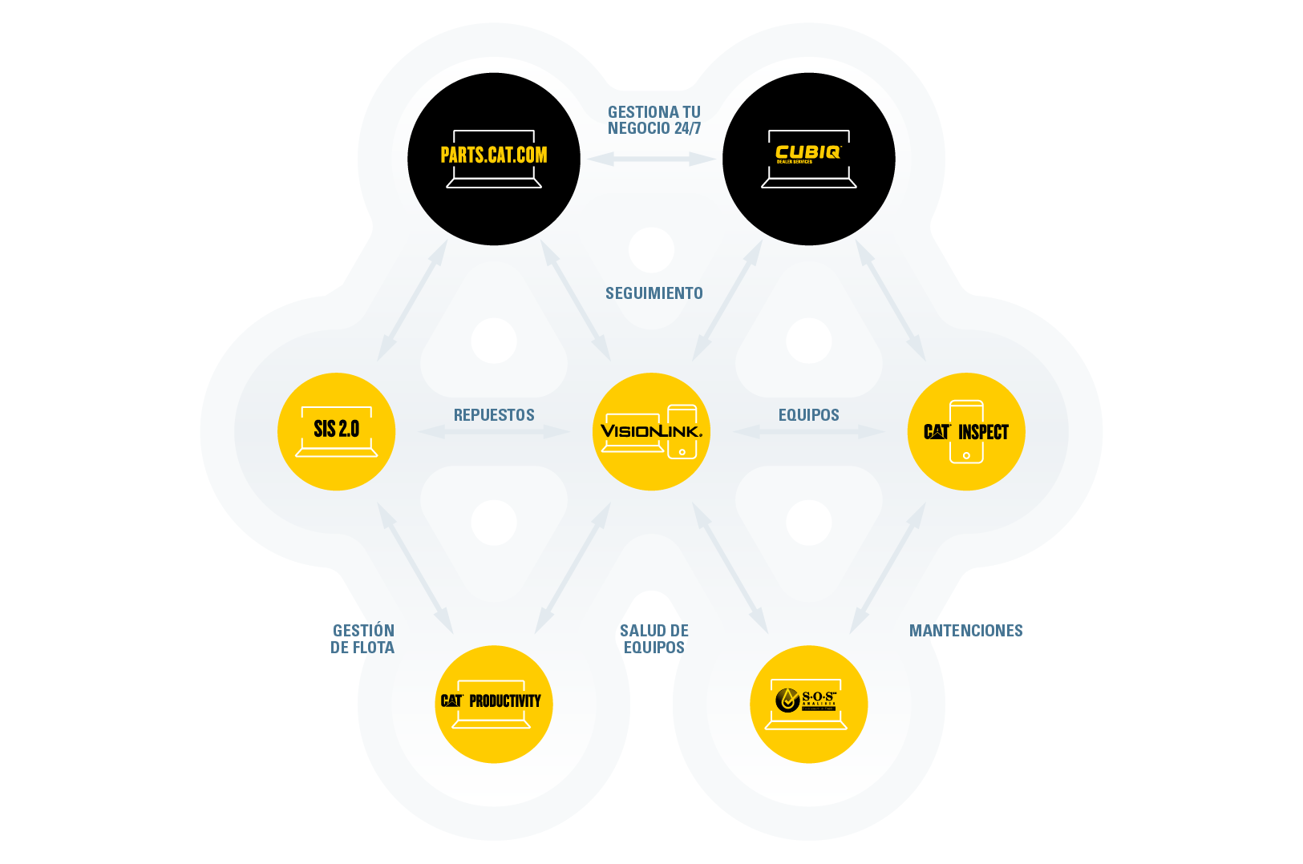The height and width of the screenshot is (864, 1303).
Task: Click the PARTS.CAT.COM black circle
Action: (494, 159)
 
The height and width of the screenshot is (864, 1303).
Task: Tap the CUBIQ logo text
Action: (807, 152)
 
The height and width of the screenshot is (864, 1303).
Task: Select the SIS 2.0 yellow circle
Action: (336, 431)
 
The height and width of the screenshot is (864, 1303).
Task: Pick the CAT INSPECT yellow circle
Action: (966, 431)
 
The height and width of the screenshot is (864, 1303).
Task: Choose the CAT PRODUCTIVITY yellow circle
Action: (493, 704)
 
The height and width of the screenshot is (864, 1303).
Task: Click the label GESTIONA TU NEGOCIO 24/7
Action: (654, 120)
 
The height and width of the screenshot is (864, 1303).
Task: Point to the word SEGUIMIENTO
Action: (654, 293)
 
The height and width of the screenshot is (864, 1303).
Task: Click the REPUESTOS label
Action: (494, 415)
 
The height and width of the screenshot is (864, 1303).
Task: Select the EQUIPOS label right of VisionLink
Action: (808, 415)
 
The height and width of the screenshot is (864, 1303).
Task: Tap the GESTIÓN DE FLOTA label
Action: (362, 639)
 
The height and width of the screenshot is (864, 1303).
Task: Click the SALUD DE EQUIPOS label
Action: (654, 639)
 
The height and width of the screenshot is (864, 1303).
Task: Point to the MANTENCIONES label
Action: (965, 631)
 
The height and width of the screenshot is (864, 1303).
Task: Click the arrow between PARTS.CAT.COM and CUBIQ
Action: (651, 159)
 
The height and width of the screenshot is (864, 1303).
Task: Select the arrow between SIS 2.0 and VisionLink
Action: (494, 432)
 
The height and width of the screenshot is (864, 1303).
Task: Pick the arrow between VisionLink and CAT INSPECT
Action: (808, 432)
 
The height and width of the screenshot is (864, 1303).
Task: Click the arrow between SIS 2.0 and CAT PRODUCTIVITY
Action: (415, 567)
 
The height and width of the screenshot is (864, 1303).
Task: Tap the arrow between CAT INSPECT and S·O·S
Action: (888, 567)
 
